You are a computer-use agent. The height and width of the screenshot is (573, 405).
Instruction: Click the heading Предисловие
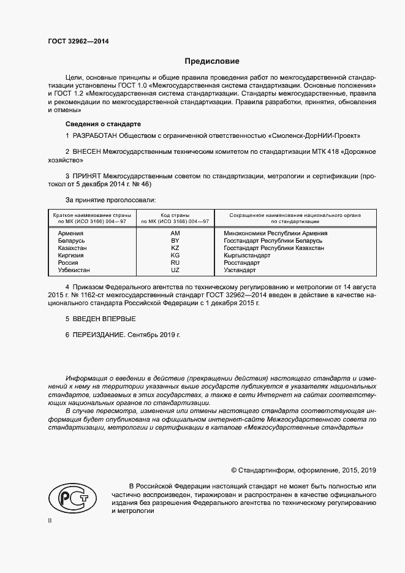click(212, 61)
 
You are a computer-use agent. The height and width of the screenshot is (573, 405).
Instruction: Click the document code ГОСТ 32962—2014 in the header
click(78, 42)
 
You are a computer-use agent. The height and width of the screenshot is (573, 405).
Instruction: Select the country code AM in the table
click(175, 233)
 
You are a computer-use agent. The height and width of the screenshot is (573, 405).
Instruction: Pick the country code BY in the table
click(175, 241)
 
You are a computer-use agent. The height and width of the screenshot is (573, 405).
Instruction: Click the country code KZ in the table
click(175, 248)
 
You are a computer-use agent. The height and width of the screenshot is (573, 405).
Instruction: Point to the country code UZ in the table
click(175, 270)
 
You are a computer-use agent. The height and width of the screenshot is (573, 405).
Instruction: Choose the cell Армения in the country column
click(70, 233)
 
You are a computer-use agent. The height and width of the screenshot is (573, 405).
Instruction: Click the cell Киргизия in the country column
click(71, 256)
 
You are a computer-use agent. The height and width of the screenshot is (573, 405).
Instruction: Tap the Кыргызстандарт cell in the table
click(248, 256)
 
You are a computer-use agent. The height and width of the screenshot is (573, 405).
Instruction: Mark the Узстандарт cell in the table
click(240, 270)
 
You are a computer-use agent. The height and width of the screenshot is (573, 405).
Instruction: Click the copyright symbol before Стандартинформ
click(234, 471)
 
